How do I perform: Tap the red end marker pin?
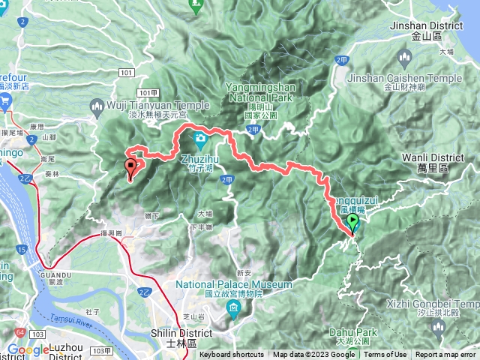coord(132,167)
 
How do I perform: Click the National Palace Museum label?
coord(233,285)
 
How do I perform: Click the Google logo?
coord(28,349)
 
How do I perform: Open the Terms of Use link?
coord(385,355)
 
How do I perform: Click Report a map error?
coord(446,355)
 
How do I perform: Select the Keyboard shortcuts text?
coord(232,355)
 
